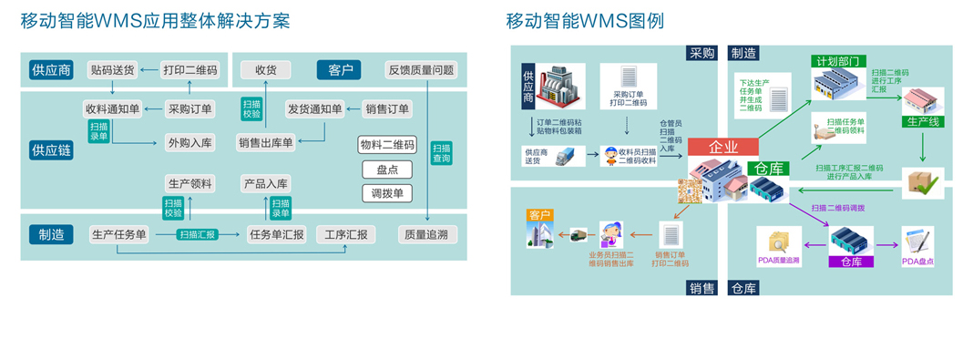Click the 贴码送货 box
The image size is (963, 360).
tap(112, 70)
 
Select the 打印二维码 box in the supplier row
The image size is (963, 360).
tap(190, 70)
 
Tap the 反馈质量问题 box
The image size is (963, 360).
tap(421, 70)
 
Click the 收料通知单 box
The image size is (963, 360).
tap(112, 109)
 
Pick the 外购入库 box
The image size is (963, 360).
tap(190, 142)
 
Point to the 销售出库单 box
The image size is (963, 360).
tap(266, 142)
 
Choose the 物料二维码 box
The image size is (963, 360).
tap(387, 145)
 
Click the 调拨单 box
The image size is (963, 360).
tap(387, 193)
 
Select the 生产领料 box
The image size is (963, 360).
tap(190, 184)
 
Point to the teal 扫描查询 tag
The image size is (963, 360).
tap(441, 153)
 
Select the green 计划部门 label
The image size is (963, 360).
tap(839, 61)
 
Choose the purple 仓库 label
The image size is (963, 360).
tap(851, 262)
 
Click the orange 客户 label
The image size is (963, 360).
tap(540, 215)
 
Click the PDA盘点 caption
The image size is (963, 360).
tap(919, 262)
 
